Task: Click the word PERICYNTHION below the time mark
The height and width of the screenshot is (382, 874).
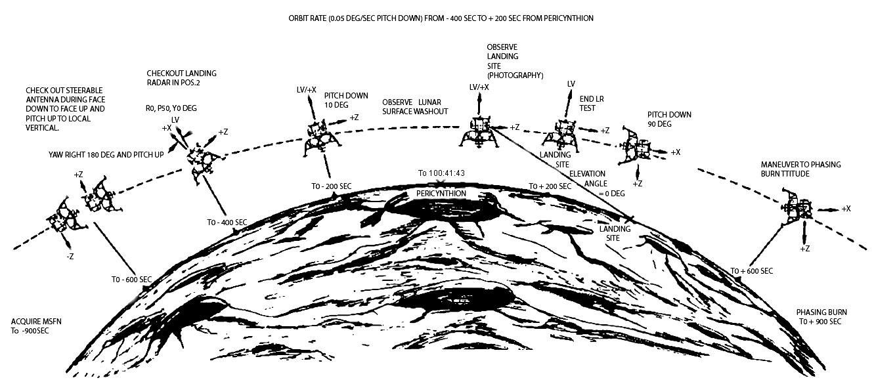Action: (441, 194)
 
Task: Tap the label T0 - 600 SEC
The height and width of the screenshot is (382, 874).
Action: (131, 280)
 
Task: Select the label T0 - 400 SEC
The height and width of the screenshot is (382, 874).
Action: (227, 223)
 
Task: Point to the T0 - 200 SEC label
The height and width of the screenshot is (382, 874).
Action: (331, 186)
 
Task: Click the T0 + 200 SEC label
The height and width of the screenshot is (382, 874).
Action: (550, 186)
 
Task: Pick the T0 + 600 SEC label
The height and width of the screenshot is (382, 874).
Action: (751, 271)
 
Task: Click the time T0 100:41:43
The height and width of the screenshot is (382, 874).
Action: (441, 173)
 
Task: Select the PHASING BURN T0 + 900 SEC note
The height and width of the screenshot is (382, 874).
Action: (821, 317)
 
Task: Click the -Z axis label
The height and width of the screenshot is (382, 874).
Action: (70, 257)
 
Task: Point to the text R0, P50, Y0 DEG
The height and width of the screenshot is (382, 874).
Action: (171, 108)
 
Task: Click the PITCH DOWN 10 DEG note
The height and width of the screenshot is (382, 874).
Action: (346, 100)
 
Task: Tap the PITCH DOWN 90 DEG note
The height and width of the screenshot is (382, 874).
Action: (669, 119)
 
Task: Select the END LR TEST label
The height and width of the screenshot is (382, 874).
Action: (592, 104)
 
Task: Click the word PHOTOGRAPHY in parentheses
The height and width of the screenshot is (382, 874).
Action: (515, 75)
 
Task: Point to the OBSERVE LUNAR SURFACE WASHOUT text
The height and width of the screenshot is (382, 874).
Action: (415, 107)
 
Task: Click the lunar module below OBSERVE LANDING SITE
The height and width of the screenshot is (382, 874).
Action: (479, 133)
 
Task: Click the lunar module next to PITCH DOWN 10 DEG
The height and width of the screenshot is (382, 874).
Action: (322, 139)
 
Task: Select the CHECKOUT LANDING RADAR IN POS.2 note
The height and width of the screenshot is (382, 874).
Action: (181, 78)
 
